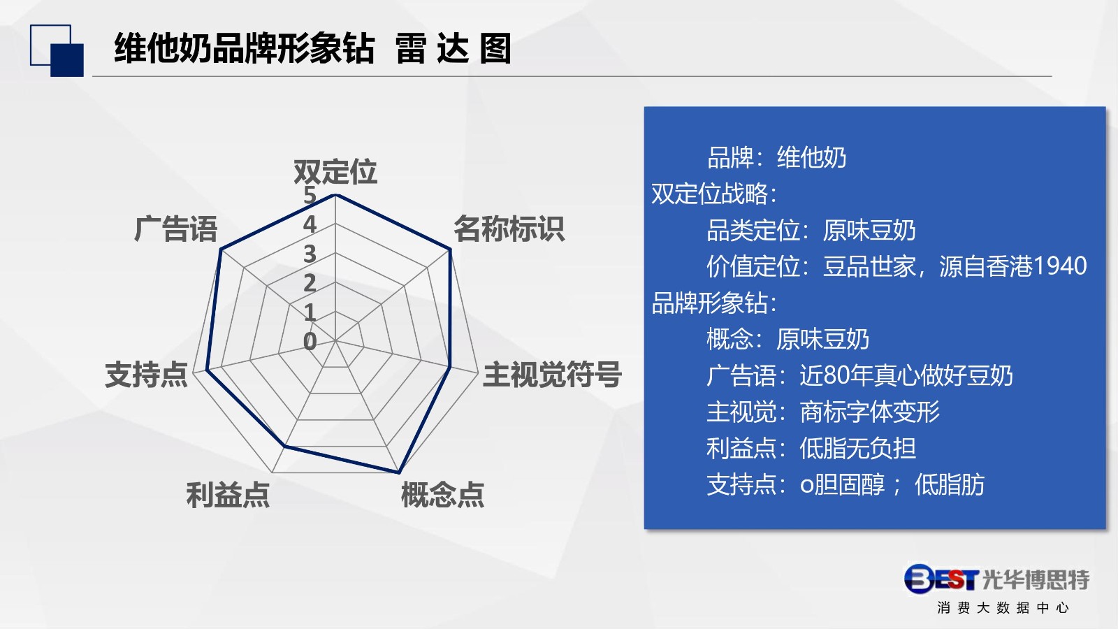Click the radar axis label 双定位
pos(335,172)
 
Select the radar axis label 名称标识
pos(509,229)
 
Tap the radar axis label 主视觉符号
pos(552,375)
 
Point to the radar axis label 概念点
pos(443,495)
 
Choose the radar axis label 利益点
pos(228,495)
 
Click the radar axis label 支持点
pos(146,375)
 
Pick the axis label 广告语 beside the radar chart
pos(175,229)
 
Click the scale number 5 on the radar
pos(310,195)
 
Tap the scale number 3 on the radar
pos(310,254)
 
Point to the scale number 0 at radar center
pos(310,342)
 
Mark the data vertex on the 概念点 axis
pos(399,472)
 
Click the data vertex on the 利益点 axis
pos(284,446)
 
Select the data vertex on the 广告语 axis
pos(221,250)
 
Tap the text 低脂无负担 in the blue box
pos(857,448)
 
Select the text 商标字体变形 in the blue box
pos(869,412)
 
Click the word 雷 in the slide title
pos(410,48)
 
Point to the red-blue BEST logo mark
pos(941,579)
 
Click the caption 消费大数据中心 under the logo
pos(1003,608)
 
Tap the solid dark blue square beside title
pos(67,60)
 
